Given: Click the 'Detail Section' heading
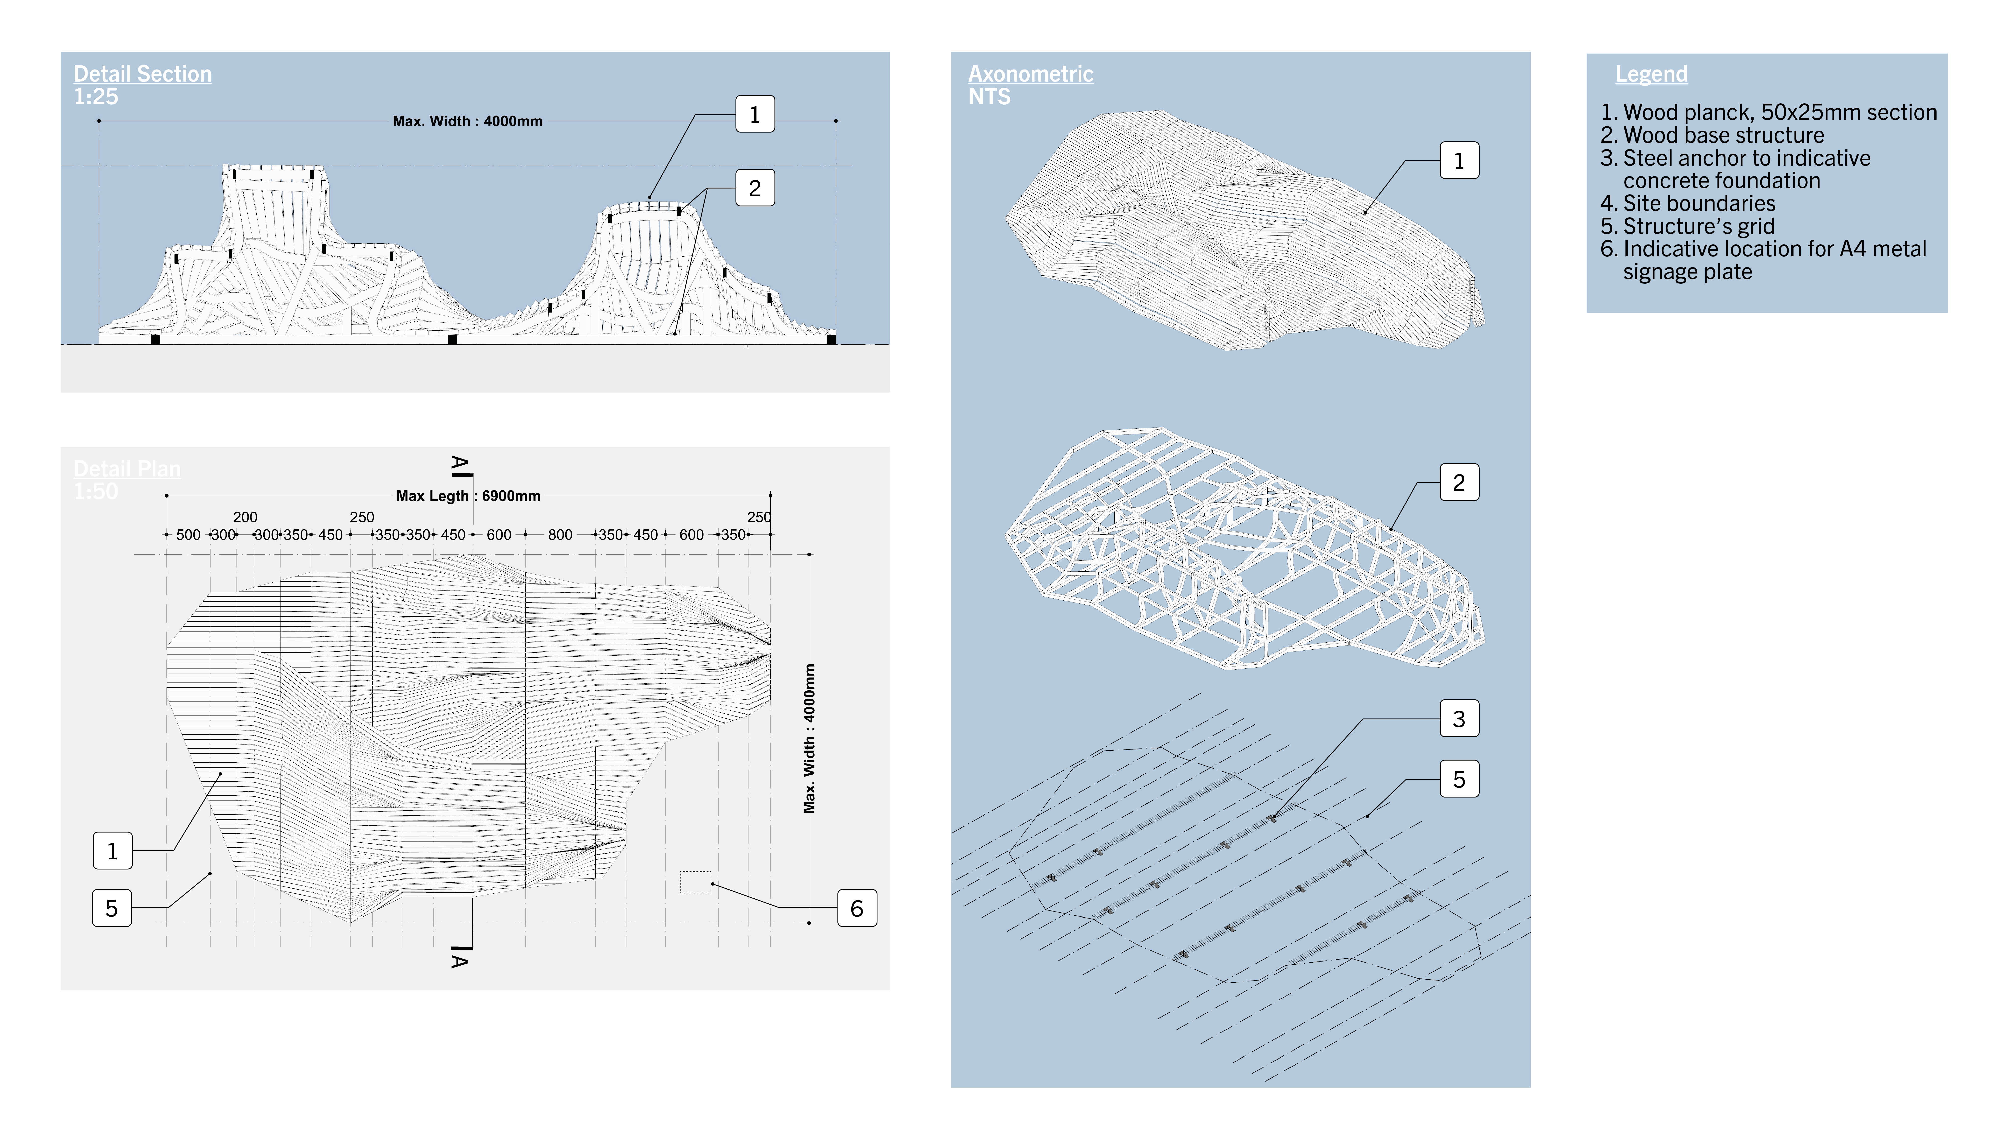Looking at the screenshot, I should [142, 74].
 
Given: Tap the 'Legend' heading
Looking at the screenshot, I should [1651, 74].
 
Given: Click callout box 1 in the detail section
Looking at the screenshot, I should [754, 115].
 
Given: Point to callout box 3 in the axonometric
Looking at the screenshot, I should [1459, 718].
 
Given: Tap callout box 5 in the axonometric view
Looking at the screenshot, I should [1459, 779].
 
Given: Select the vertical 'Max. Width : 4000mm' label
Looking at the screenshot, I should [810, 739].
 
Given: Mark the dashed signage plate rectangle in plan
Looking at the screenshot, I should [695, 882].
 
